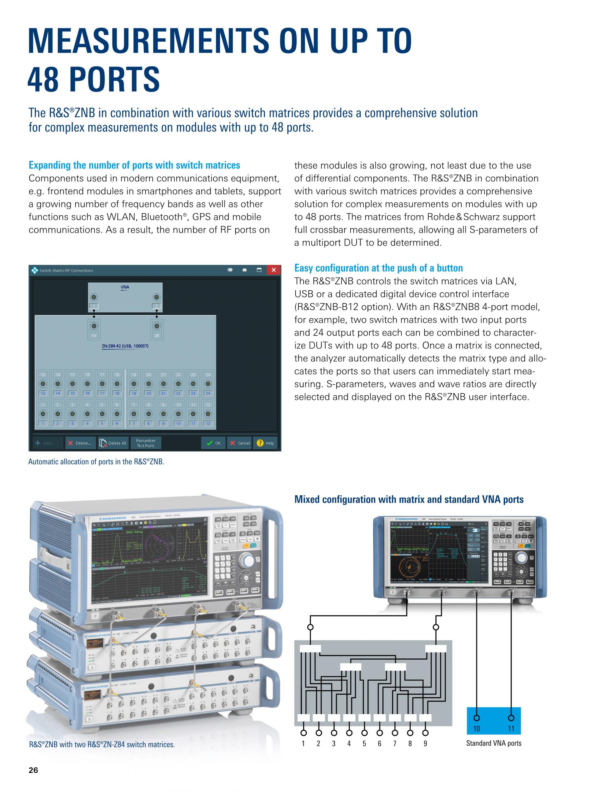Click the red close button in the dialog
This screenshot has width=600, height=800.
(273, 270)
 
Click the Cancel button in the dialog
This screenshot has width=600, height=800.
(239, 443)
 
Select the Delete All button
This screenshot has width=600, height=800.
(113, 443)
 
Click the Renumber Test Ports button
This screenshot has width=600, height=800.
(146, 443)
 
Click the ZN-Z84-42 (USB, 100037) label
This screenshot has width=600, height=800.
(125, 346)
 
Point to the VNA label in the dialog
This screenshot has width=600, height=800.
(125, 287)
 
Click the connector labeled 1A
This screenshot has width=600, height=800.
(94, 326)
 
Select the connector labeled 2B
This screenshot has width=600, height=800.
(157, 326)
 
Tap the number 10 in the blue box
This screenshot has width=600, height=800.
(477, 729)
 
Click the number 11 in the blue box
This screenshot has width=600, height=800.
(511, 729)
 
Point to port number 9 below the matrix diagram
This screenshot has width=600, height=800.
(425, 743)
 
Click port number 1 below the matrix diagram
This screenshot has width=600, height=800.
(303, 743)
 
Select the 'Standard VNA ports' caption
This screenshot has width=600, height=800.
(494, 743)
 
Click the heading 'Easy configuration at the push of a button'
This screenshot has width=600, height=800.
(378, 268)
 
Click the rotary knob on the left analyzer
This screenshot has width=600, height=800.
(249, 561)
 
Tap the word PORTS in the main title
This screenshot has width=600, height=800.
(114, 79)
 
